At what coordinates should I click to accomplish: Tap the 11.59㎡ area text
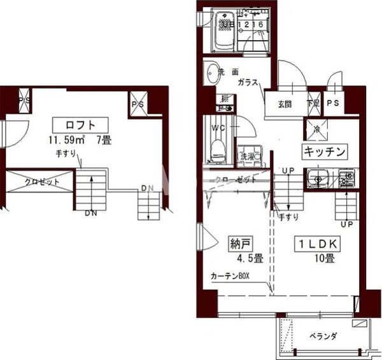(x=64, y=139)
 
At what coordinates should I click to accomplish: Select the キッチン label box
(x=324, y=151)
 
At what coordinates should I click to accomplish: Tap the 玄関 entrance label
(x=284, y=104)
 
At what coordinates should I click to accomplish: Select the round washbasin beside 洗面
(x=212, y=75)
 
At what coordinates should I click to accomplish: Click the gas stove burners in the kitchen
(x=346, y=176)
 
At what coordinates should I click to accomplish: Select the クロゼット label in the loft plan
(x=42, y=182)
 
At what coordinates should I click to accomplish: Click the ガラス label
(x=248, y=84)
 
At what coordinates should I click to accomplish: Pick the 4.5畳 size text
(x=244, y=258)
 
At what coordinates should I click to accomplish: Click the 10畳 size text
(x=323, y=258)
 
